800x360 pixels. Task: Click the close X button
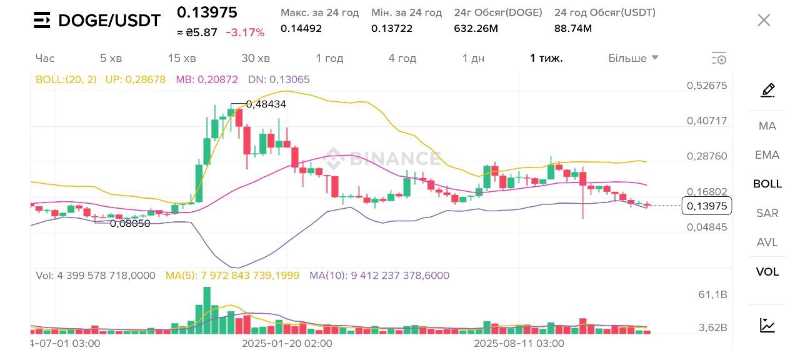click(x=764, y=20)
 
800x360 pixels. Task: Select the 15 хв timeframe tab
click(x=182, y=58)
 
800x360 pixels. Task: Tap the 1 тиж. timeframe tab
click(x=546, y=58)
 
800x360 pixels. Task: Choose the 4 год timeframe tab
click(x=402, y=58)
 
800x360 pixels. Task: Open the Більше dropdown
click(x=633, y=58)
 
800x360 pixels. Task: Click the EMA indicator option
click(x=767, y=155)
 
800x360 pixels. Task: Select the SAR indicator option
click(x=767, y=213)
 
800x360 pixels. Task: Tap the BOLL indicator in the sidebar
click(x=767, y=184)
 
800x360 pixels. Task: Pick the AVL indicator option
click(x=767, y=242)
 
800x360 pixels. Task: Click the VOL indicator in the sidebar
click(x=767, y=272)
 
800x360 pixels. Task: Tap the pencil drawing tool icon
click(x=767, y=91)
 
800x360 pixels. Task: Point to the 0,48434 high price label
click(x=266, y=104)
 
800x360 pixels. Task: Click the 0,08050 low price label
click(x=130, y=223)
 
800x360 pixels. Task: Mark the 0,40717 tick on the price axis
click(x=707, y=121)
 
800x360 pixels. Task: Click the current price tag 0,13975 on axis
click(x=706, y=206)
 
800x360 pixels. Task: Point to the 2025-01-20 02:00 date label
click(x=287, y=343)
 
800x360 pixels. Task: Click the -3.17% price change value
click(x=245, y=32)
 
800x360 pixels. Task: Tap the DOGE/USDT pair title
click(x=109, y=21)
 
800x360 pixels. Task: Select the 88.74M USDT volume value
click(x=572, y=28)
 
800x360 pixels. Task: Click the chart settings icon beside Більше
click(x=719, y=59)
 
